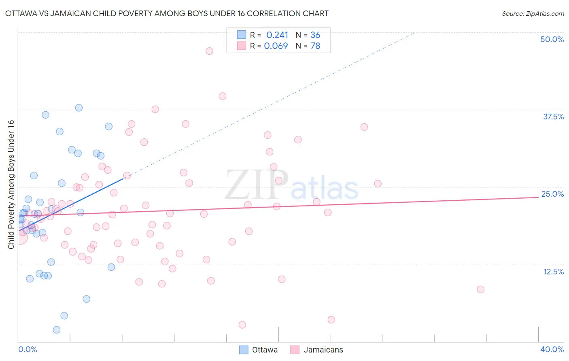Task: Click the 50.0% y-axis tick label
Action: (x=552, y=39)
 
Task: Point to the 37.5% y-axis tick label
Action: (x=553, y=117)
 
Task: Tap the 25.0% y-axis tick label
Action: (x=552, y=194)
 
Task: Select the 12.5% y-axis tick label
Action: (x=553, y=272)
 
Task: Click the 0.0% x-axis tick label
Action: (x=28, y=349)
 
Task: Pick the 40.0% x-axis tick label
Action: (x=552, y=349)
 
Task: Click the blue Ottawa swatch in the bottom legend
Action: (x=244, y=350)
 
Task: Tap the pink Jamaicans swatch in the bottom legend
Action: (x=295, y=350)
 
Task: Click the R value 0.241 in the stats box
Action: (x=277, y=35)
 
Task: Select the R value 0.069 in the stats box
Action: (x=276, y=46)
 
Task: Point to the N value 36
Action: (x=315, y=35)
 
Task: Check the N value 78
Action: (x=315, y=46)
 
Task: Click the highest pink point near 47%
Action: (x=209, y=51)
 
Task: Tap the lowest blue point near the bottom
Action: (x=57, y=330)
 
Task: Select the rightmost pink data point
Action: (x=480, y=289)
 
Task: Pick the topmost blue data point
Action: (x=79, y=108)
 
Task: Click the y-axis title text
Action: (x=11, y=185)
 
